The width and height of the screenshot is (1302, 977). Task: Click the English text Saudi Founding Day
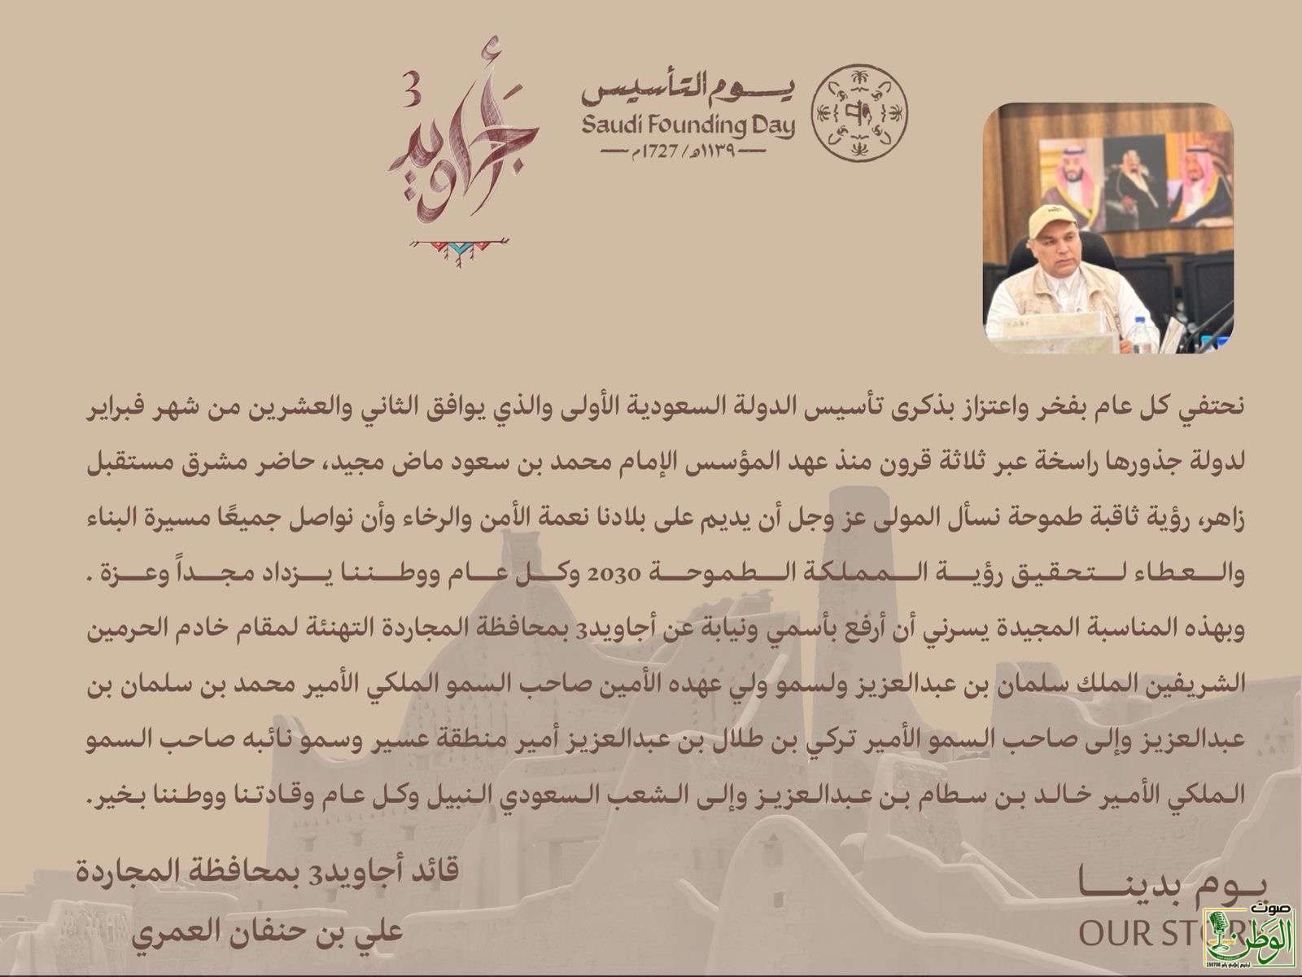click(x=688, y=126)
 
